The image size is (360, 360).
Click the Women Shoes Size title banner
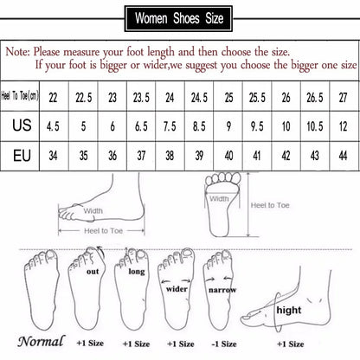point(180,15)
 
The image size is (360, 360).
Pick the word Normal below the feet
point(41,340)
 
